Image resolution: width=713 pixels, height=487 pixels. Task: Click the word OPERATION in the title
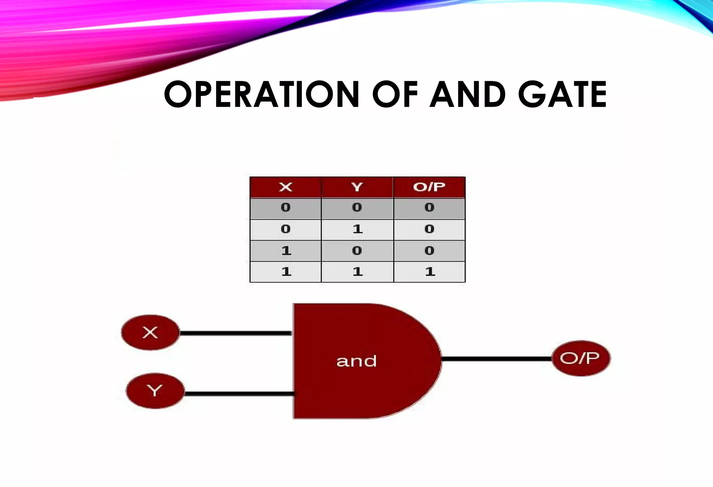[x=261, y=94]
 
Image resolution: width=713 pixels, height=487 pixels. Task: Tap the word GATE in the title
[x=562, y=94]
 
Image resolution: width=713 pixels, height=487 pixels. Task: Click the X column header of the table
[x=285, y=187]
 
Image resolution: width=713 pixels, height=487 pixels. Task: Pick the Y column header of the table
[x=357, y=187]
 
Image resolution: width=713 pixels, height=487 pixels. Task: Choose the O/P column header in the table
[x=429, y=187]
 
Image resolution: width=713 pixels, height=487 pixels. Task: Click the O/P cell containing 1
[x=430, y=272]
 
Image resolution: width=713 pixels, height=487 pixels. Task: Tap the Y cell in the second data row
[x=357, y=229]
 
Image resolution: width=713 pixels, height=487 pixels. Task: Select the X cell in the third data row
[x=285, y=251]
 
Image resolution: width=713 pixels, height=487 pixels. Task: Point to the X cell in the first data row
[x=285, y=208]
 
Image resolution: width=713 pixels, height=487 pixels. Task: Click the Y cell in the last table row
[x=357, y=272]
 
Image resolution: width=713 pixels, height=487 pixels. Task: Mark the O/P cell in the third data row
[x=429, y=251]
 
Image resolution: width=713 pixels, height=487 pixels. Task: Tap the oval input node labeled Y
[x=155, y=391]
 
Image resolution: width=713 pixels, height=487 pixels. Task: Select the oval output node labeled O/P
[x=581, y=358]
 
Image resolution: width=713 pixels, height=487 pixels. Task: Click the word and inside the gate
[x=356, y=361]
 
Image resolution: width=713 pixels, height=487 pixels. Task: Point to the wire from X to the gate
[x=235, y=333]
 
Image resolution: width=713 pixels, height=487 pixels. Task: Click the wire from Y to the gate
[x=239, y=394]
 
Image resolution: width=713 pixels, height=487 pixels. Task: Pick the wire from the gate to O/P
[x=496, y=359]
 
